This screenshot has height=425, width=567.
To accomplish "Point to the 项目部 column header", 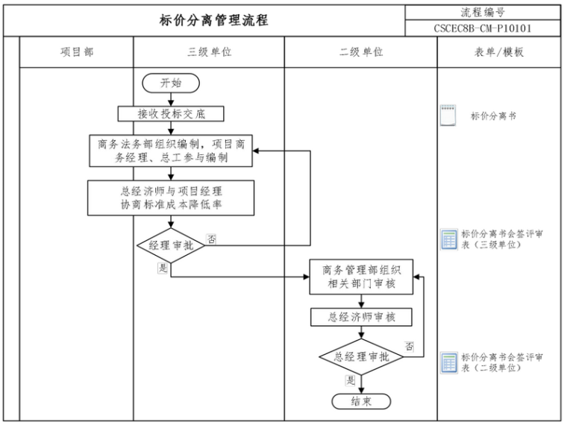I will (77, 52).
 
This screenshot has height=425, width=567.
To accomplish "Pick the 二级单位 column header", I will (360, 52).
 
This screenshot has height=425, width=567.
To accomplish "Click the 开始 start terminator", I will (171, 84).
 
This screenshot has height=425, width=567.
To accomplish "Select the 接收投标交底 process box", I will (171, 113).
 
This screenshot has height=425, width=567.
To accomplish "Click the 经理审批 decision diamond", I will (171, 245).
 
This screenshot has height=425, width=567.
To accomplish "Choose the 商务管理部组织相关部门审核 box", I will (360, 277).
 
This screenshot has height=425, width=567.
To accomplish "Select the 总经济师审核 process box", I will (360, 317).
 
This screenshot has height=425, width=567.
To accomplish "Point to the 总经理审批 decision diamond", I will (360, 356).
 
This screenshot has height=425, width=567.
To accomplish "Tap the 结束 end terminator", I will (360, 400).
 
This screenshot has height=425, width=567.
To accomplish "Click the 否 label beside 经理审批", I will (212, 239).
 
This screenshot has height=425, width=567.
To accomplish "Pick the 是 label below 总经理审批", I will (349, 380).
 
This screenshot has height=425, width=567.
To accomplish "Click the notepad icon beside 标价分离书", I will (448, 116).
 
